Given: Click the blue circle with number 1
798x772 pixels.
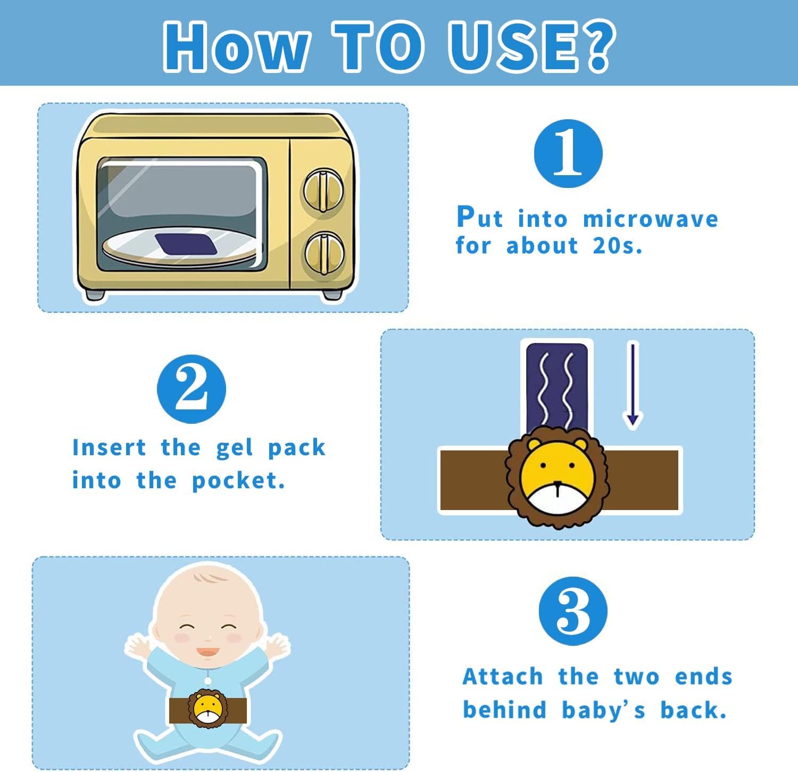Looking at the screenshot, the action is click(568, 153).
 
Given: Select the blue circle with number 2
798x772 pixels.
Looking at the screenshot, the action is click(192, 389).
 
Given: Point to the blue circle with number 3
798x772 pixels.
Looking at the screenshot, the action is click(573, 610).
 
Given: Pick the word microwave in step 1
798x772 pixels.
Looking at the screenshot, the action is click(651, 219).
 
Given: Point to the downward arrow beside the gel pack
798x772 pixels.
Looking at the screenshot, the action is click(633, 385).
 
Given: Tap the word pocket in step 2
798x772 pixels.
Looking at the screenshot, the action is click(238, 481).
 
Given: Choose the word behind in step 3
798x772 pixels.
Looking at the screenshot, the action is click(505, 710).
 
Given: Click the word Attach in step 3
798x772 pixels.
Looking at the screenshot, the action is click(503, 677).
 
